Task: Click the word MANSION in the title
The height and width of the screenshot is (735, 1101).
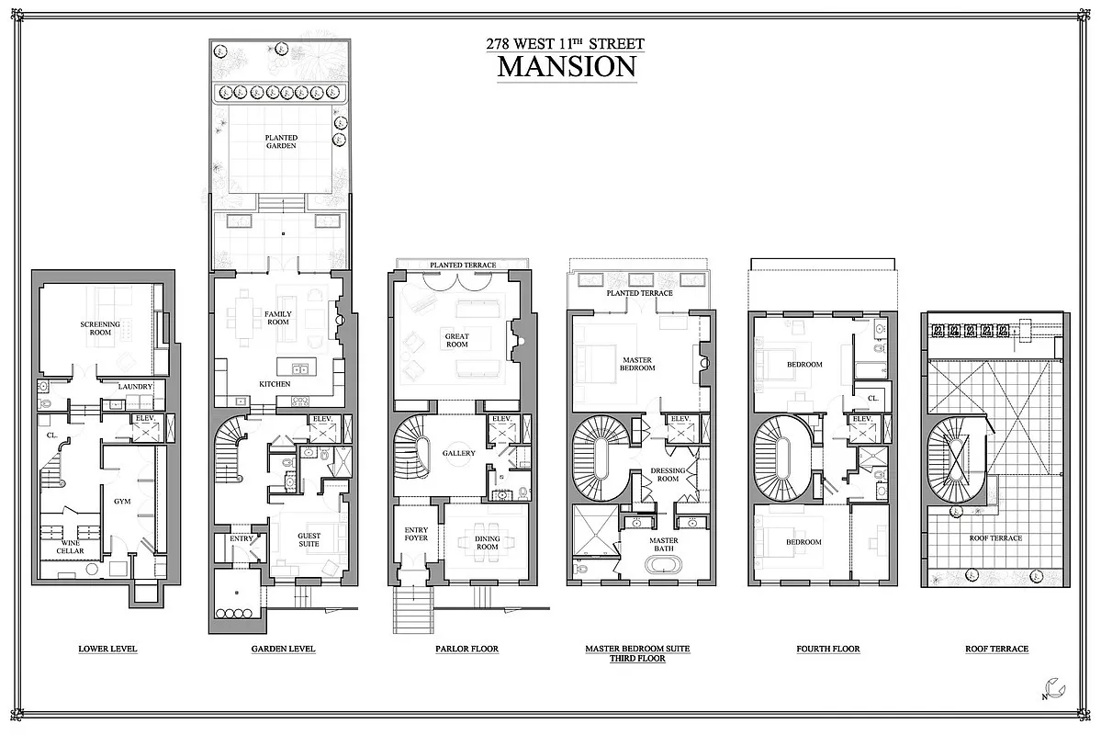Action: point(567,67)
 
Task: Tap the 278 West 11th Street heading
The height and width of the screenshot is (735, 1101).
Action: point(566,44)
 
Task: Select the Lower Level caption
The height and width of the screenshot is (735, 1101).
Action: point(107,649)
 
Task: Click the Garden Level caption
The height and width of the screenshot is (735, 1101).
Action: point(283,649)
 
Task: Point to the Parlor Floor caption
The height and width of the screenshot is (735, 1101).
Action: point(466,649)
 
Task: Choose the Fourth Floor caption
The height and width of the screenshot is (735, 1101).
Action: point(828,649)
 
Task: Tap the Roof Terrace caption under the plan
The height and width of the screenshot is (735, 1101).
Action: point(996,649)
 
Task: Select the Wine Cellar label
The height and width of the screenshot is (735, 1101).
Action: point(72,547)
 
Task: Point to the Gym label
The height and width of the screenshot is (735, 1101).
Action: point(121,503)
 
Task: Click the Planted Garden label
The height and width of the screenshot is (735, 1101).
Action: point(282,141)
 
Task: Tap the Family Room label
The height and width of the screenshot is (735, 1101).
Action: point(277,319)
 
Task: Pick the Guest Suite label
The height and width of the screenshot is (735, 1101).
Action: point(309,541)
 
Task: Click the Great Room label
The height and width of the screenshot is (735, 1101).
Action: point(456,339)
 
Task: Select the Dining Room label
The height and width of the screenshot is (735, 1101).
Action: point(487,543)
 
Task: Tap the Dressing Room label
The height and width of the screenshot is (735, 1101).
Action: point(668,475)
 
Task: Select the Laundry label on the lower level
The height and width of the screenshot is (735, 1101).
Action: point(134,387)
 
